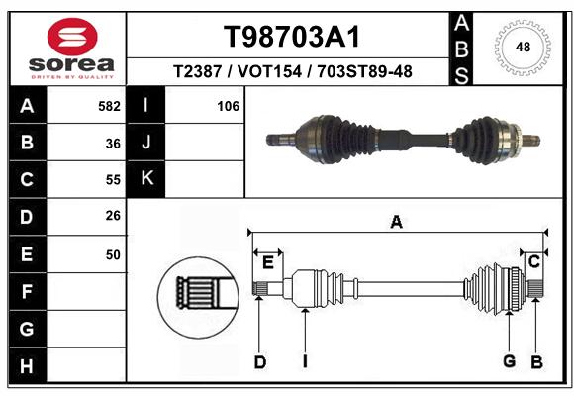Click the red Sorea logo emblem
coord(72,37)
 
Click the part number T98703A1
coord(292,37)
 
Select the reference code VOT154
coord(269,71)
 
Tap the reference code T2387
coord(197,71)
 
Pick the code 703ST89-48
coord(364,71)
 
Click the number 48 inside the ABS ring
coord(523,47)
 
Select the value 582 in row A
coord(109,106)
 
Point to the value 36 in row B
coord(113,144)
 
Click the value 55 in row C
coord(113,180)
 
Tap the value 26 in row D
coord(113,216)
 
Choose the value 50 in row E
coord(113,254)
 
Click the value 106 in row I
coord(228,106)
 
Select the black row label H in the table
coord(28,365)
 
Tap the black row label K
coord(146,179)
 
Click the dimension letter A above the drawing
coord(397,222)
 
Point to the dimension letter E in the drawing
coord(268,262)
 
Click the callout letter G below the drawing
coord(510,361)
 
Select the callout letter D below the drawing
coord(260,362)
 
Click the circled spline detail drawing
coord(198,297)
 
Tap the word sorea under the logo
coord(71,64)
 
